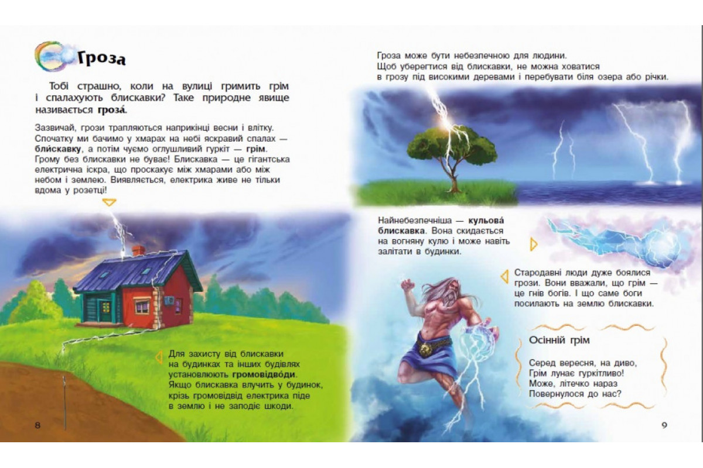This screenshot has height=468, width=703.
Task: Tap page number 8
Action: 38,425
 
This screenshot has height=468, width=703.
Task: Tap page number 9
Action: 664,425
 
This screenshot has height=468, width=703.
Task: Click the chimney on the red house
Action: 138,250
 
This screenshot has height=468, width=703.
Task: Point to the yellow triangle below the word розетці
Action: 110,202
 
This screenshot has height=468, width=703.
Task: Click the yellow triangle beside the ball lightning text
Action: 533,244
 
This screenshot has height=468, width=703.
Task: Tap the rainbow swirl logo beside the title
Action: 51,56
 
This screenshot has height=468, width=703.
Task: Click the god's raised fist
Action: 407,285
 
